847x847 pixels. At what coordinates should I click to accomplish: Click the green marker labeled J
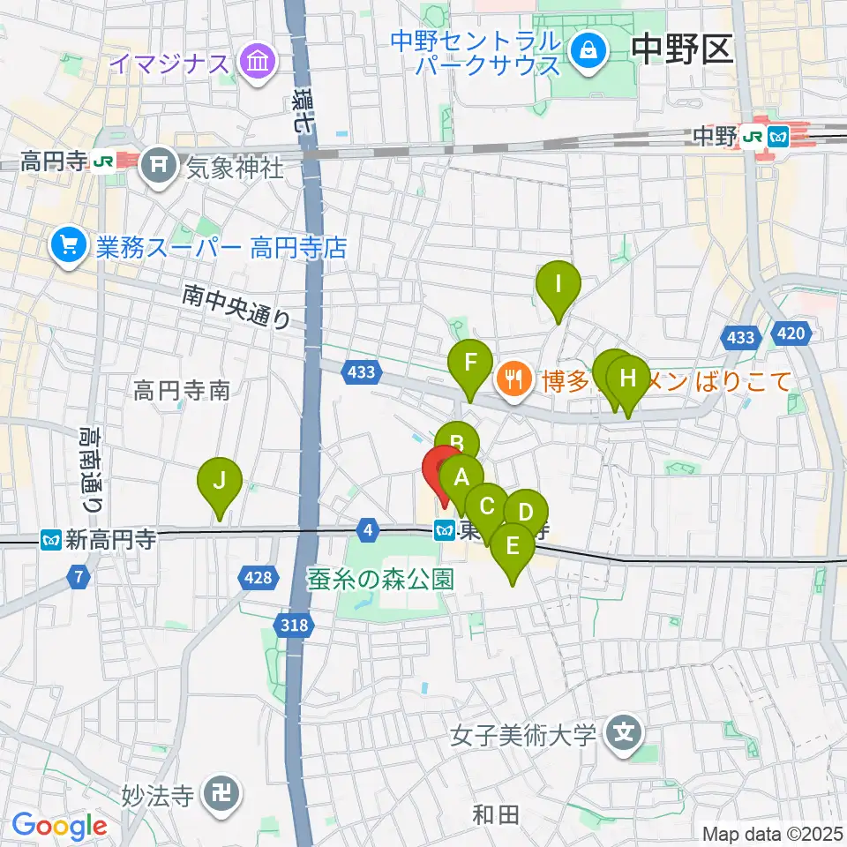tap(220, 482)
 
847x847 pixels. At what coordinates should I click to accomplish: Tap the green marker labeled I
tap(558, 285)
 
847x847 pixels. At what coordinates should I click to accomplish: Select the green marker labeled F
tap(469, 364)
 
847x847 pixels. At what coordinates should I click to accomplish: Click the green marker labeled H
tap(627, 379)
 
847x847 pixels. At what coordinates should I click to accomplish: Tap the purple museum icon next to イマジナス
tap(259, 63)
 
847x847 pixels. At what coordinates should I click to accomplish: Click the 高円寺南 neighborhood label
tap(182, 390)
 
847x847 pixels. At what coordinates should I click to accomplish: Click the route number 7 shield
tap(79, 577)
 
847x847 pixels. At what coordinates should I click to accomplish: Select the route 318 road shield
tap(297, 626)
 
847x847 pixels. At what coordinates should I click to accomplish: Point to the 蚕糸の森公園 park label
tap(380, 580)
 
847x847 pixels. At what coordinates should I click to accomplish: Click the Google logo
tap(59, 825)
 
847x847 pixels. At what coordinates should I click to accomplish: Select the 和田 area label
tap(496, 814)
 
